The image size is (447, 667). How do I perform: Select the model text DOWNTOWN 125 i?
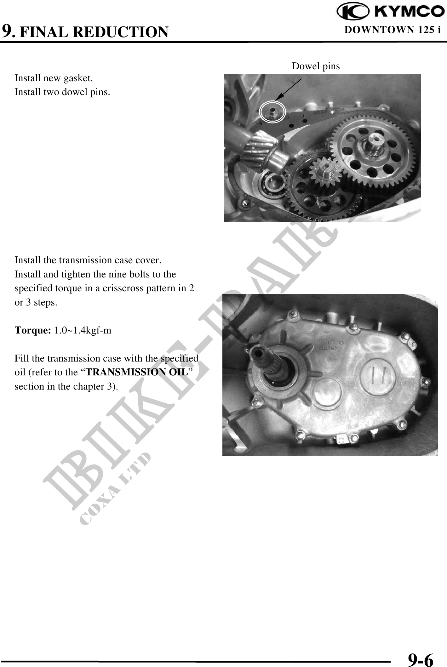pos(393,30)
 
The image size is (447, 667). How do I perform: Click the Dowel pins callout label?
pos(316,66)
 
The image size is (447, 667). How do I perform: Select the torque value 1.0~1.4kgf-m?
pos(83,331)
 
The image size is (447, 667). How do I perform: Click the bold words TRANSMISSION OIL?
pos(137,372)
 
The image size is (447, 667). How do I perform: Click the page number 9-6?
pos(421,651)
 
